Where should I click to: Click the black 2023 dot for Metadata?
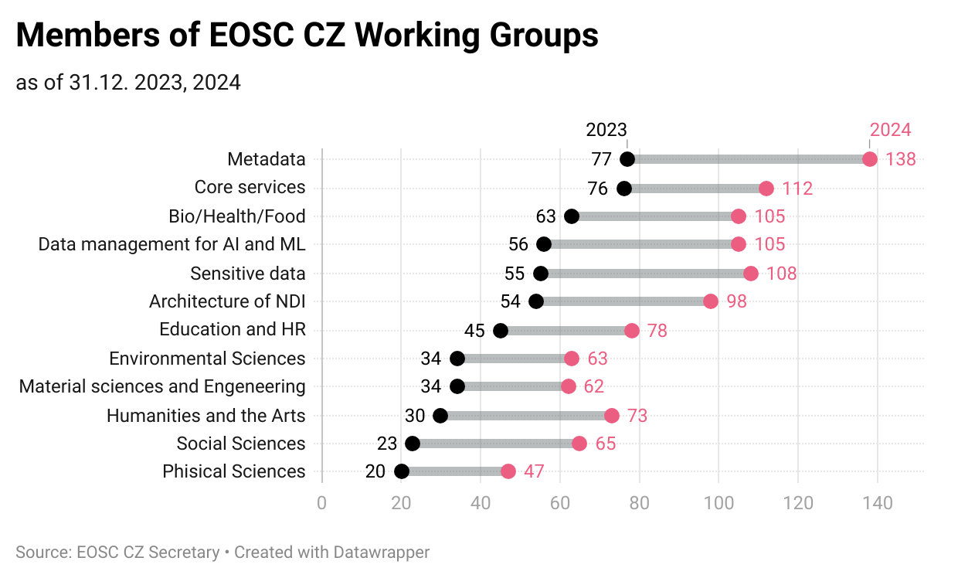[627, 159]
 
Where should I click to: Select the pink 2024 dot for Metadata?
[870, 159]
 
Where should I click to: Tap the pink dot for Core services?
[766, 189]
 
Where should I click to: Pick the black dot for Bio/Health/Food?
[572, 216]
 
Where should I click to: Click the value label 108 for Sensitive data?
[781, 274]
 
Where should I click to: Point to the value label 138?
[901, 160]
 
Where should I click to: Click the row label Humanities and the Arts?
[206, 416]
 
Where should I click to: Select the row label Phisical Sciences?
[234, 471]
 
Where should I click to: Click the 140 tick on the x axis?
[878, 504]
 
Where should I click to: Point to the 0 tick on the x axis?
[321, 504]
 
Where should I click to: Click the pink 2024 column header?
[890, 130]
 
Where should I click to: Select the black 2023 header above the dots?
[606, 130]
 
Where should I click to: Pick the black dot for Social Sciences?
[413, 444]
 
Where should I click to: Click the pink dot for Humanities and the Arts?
[612, 416]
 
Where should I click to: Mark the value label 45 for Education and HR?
[474, 331]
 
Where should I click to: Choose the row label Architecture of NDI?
[227, 301]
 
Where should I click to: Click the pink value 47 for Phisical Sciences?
[535, 471]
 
